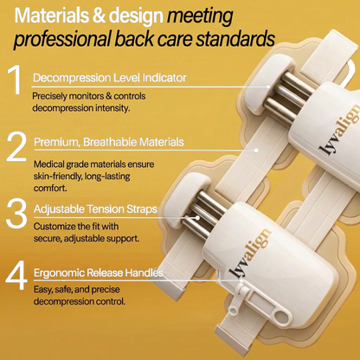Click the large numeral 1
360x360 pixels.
coord(16,80)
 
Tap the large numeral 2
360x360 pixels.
coord(16,146)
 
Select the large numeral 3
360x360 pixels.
coord(16,214)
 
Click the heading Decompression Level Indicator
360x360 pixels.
coord(110,78)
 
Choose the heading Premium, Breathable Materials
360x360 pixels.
coord(109,142)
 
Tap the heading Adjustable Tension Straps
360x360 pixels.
coord(95,209)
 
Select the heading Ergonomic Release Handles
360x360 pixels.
coord(99,273)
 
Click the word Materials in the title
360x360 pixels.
coord(52,16)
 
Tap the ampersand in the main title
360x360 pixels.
coord(100,16)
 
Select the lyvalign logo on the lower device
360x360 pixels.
coord(249,254)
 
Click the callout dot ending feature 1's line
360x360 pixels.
coord(268,87)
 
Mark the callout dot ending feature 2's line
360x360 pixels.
coord(256,151)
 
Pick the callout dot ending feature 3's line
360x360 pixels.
coord(197,218)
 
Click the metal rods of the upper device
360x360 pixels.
coord(288,95)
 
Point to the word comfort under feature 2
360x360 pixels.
coord(50,189)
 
